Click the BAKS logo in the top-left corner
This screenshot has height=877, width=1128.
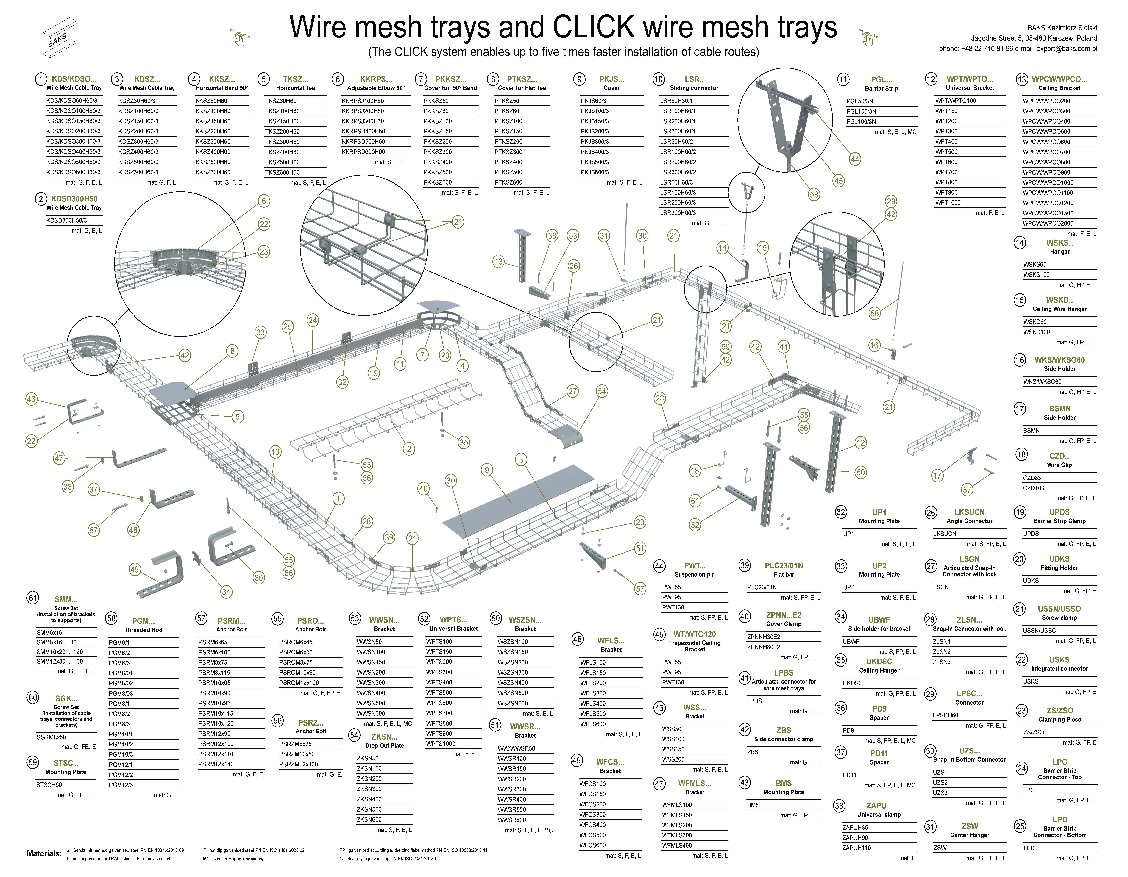(x=63, y=36)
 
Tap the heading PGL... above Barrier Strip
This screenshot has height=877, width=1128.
(x=881, y=79)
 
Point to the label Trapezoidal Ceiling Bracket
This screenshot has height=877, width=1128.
(x=695, y=646)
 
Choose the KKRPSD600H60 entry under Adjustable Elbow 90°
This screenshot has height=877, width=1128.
(x=363, y=152)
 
